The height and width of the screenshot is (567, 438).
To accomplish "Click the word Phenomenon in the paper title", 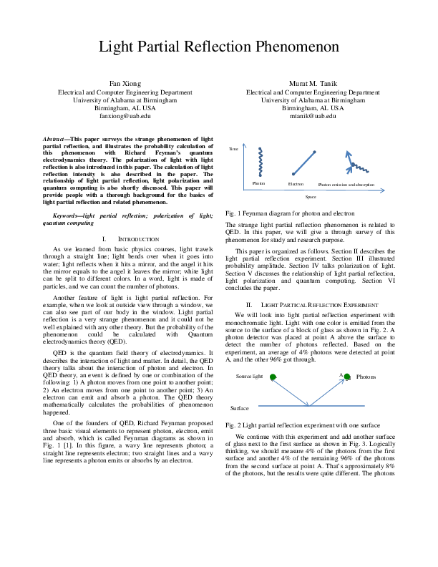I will click(x=293, y=48).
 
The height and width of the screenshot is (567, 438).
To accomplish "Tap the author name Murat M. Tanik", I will click(x=313, y=84).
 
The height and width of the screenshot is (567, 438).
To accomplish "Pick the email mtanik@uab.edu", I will click(x=313, y=115).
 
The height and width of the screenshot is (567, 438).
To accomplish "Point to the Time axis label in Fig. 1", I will click(x=233, y=148).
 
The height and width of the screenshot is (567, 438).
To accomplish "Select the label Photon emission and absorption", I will click(x=346, y=185).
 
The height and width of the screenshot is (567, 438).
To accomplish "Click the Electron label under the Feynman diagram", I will click(x=296, y=185).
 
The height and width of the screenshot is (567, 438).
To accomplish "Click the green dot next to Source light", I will click(x=268, y=377).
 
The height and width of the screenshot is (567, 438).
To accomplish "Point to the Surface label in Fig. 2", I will click(x=240, y=407).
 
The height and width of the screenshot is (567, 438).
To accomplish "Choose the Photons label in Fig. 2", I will click(x=366, y=377).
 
